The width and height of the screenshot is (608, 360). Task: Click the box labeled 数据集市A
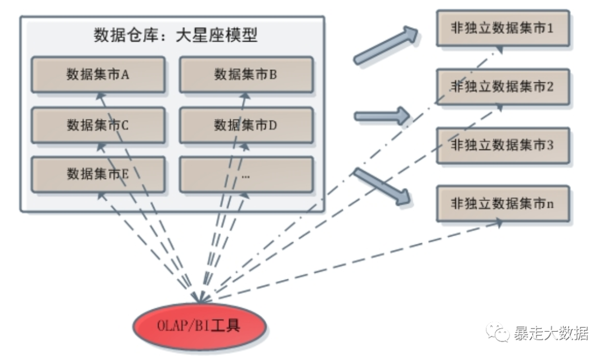tap(98, 74)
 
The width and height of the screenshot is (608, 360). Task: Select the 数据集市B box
tap(246, 74)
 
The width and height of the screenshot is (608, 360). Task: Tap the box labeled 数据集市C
tap(98, 125)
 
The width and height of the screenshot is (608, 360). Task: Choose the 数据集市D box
tap(246, 125)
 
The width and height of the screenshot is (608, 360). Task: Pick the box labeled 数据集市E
tap(98, 174)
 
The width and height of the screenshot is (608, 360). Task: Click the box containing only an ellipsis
tap(246, 175)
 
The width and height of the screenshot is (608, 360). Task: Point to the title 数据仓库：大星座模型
tap(175, 35)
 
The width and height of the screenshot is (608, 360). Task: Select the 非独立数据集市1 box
tap(503, 28)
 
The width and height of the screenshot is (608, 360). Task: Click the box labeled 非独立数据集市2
tap(503, 87)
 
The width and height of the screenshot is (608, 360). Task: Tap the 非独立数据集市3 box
tap(503, 145)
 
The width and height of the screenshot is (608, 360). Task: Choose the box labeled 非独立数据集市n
tap(503, 203)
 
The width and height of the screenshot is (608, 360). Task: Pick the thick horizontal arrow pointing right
tap(382, 116)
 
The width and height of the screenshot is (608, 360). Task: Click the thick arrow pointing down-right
tap(382, 186)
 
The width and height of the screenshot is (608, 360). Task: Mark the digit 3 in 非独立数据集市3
tap(550, 145)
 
